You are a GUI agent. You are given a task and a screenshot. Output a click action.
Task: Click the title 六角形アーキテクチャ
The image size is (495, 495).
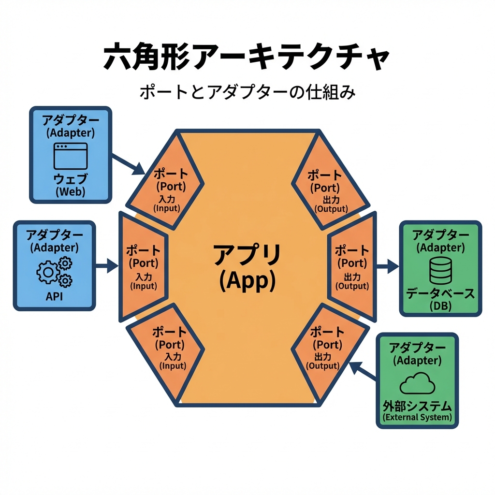[247, 57]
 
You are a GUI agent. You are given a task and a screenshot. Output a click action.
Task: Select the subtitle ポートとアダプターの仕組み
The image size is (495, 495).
[247, 91]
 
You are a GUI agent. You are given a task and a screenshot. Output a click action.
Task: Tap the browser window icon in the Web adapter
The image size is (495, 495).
[71, 155]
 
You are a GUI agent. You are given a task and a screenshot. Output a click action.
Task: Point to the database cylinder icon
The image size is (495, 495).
[440, 270]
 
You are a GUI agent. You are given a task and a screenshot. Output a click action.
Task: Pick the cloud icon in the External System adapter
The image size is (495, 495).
[417, 384]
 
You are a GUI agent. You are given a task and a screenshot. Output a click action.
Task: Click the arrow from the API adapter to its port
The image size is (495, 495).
[107, 265]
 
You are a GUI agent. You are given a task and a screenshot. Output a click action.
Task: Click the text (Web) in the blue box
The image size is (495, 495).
[71, 192]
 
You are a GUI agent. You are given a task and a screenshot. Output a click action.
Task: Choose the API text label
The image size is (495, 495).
[54, 296]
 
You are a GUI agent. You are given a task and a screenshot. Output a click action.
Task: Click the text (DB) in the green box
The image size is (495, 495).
[440, 306]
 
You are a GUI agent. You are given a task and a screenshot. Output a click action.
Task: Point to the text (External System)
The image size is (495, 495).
[417, 417]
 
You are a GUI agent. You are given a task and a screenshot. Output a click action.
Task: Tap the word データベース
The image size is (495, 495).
[440, 294]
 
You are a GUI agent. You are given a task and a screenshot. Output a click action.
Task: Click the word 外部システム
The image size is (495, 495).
[417, 406]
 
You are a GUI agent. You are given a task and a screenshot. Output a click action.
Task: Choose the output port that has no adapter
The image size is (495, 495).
[324, 189]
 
